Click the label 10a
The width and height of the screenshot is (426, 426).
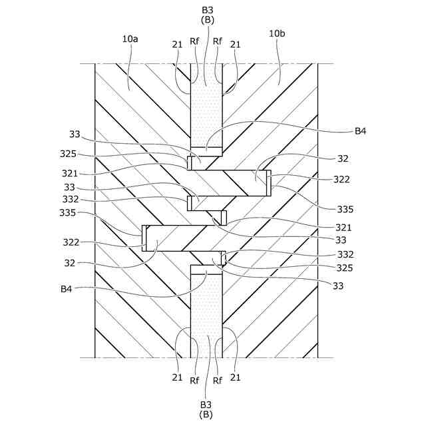(x=130, y=39)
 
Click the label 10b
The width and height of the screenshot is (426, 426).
(x=278, y=33)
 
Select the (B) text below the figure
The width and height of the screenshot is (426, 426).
(x=206, y=414)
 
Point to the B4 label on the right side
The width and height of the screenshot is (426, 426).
(x=361, y=131)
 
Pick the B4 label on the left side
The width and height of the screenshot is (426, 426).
(x=66, y=289)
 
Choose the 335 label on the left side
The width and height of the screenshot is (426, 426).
(x=68, y=213)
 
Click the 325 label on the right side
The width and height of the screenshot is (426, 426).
(x=345, y=268)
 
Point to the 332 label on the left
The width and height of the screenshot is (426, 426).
(x=71, y=200)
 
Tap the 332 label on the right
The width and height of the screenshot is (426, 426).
(x=345, y=254)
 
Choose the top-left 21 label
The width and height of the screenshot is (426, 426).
(x=177, y=44)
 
